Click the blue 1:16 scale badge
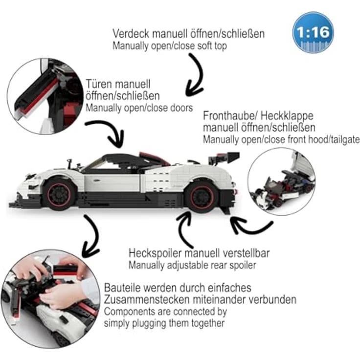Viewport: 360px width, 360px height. pyautogui.click(x=313, y=32)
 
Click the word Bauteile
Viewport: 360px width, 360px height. pyautogui.click(x=122, y=287)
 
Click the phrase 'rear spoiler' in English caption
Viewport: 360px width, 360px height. pyautogui.click(x=236, y=266)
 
